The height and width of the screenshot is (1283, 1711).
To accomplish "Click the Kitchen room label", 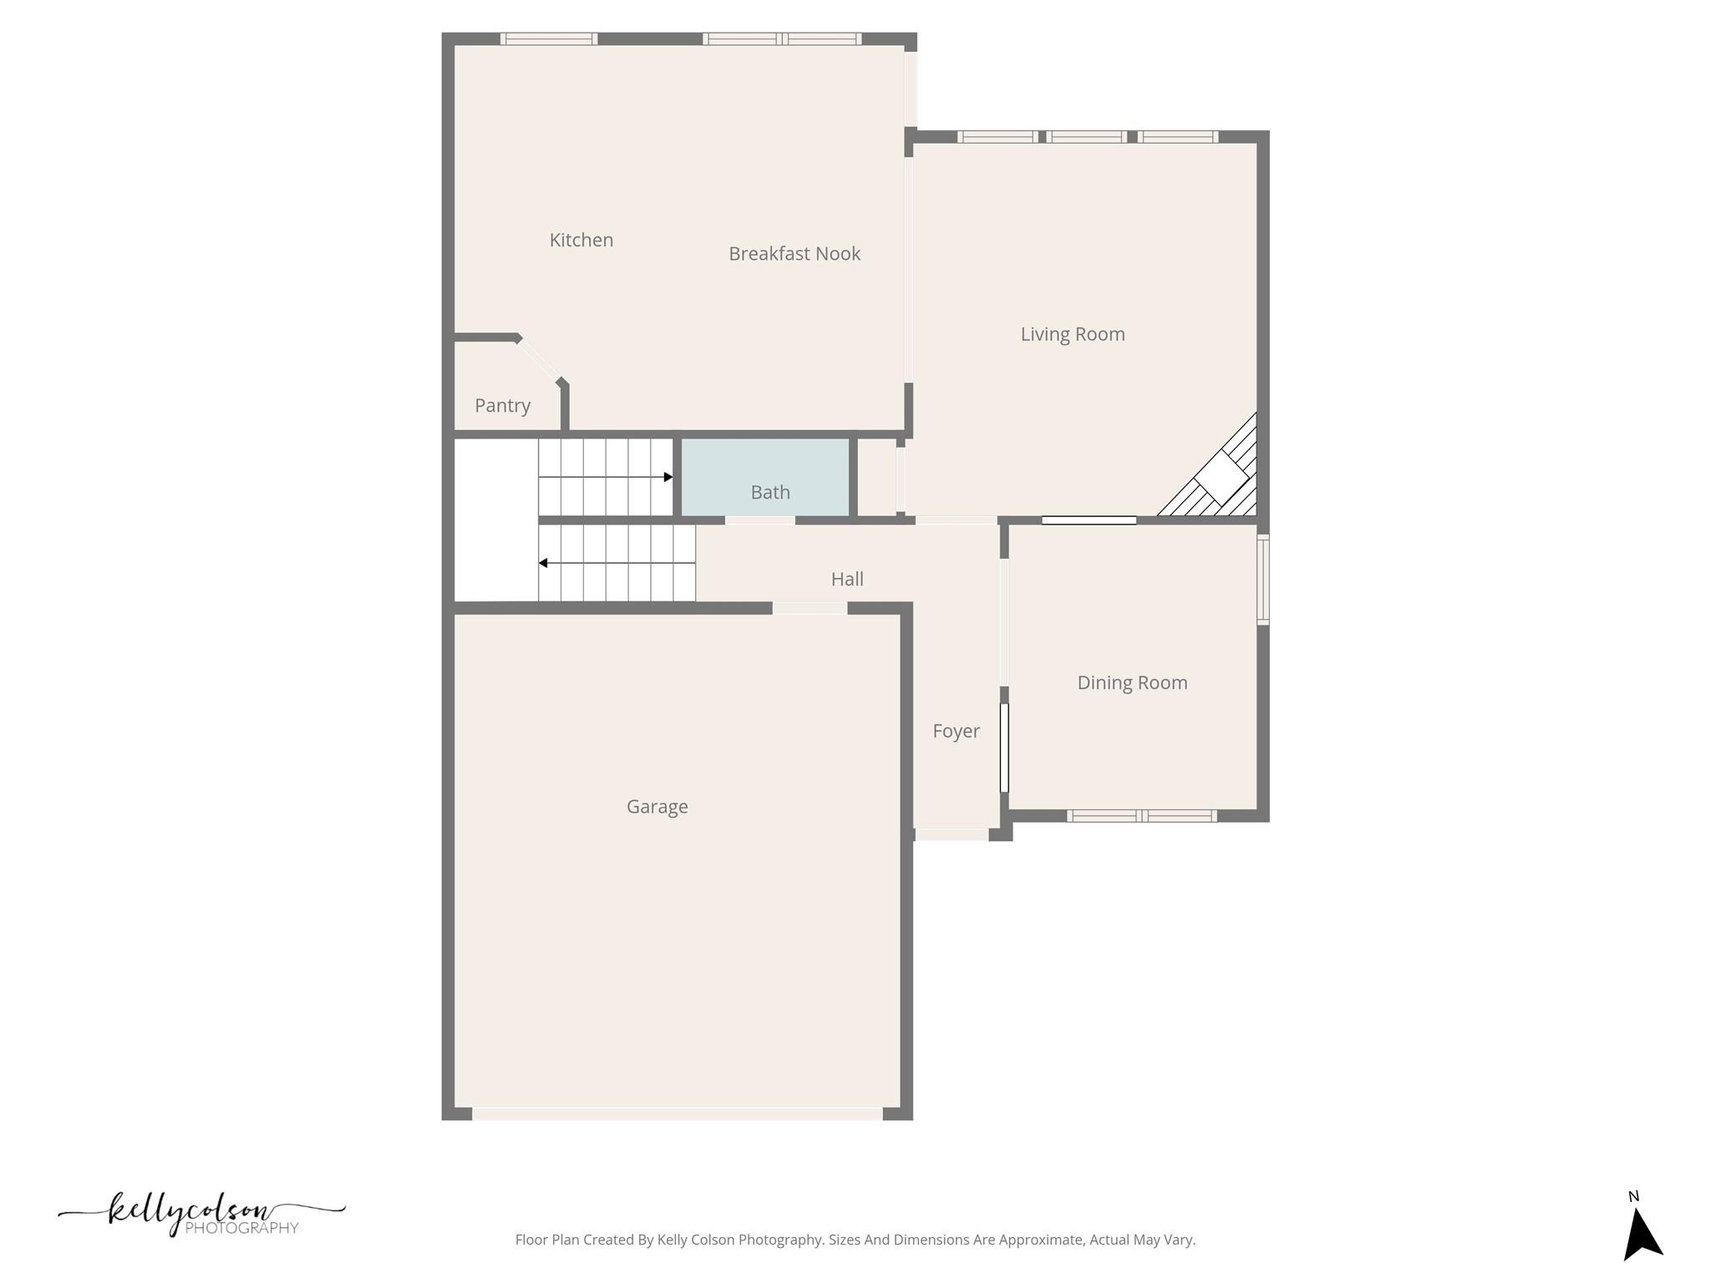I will pyautogui.click(x=581, y=241).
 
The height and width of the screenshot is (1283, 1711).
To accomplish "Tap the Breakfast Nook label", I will pyautogui.click(x=794, y=254).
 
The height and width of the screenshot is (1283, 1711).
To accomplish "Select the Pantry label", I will pyautogui.click(x=502, y=406).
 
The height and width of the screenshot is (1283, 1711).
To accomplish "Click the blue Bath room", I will pyautogui.click(x=765, y=478).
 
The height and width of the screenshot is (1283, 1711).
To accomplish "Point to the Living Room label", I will pyautogui.click(x=1072, y=334).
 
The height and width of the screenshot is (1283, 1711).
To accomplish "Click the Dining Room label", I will pyautogui.click(x=1131, y=682).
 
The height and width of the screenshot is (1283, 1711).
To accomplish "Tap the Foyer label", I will pyautogui.click(x=956, y=731).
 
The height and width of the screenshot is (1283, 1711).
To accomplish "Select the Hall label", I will pyautogui.click(x=846, y=579).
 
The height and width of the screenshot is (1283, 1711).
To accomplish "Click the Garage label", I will pyautogui.click(x=657, y=807).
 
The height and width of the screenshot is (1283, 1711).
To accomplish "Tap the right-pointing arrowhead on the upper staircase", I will pyautogui.click(x=668, y=477).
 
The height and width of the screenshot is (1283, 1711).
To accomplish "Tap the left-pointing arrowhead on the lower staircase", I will pyautogui.click(x=543, y=563).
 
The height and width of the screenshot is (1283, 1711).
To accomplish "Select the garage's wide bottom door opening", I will pyautogui.click(x=677, y=1113).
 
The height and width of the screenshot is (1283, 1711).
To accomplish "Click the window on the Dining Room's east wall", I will pyautogui.click(x=1263, y=580).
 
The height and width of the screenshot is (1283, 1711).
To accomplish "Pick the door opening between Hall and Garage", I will pyautogui.click(x=809, y=608).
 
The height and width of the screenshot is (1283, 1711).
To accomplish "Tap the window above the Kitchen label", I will pyautogui.click(x=548, y=39).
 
